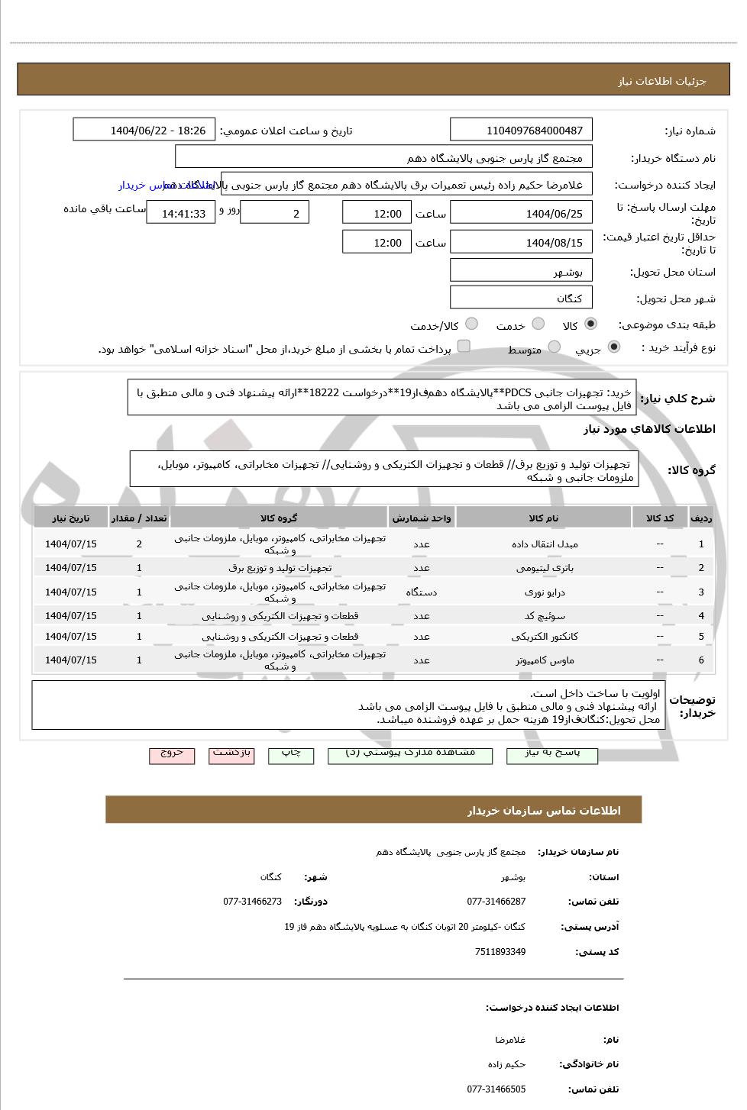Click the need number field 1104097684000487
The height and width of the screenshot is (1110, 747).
521,131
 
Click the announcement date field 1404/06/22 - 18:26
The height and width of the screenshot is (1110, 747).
144,131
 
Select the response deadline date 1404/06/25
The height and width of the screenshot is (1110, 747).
521,214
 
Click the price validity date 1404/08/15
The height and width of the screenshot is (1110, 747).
521,243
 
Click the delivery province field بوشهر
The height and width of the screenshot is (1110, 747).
521,272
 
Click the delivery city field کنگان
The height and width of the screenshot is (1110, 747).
521,298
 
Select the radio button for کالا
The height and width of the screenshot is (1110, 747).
590,324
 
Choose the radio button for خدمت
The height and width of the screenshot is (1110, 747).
538,324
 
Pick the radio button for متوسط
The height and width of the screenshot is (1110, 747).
555,348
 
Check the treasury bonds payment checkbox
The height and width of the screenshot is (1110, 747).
464,347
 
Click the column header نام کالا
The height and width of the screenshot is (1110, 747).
544,518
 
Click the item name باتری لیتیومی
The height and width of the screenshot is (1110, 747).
544,568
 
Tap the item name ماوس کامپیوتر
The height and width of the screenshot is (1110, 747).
544,660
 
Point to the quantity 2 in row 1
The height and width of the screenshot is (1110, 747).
139,544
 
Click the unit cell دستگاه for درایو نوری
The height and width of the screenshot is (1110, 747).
422,592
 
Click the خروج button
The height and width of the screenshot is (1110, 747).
172,753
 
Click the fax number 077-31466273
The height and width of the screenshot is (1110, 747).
252,902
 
